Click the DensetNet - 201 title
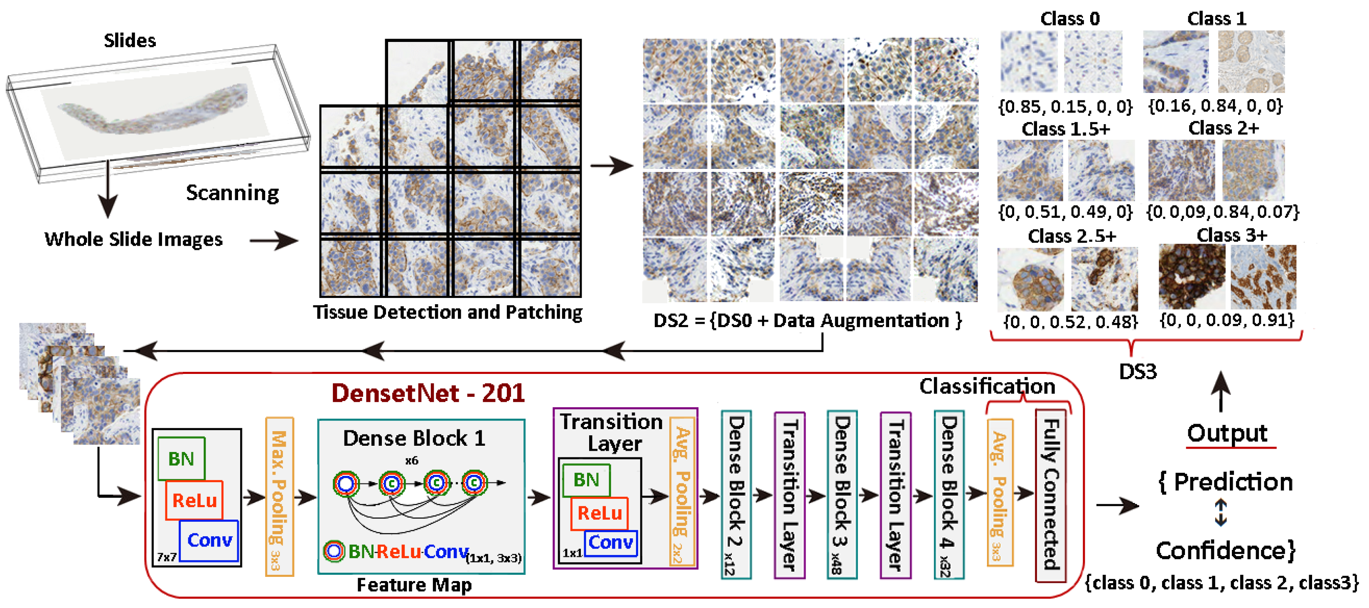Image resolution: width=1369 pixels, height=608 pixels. [428, 393]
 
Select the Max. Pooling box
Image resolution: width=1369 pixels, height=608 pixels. [279, 496]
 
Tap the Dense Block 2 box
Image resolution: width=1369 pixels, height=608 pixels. [736, 494]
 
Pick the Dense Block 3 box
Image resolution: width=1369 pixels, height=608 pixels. [842, 494]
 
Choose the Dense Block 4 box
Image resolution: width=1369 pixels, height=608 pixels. [949, 494]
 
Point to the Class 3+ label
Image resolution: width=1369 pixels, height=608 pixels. [1231, 235]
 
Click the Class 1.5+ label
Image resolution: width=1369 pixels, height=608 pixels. [1066, 129]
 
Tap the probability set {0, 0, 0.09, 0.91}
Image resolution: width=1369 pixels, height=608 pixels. [1226, 320]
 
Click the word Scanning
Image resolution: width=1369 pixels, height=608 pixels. [232, 193]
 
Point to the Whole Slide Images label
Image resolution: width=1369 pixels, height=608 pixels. [133, 239]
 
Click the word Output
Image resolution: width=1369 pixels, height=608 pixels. [1227, 433]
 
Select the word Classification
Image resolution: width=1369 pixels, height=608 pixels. [987, 386]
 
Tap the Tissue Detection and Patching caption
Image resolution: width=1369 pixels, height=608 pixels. [447, 312]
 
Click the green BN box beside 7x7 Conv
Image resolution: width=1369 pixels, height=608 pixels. [181, 459]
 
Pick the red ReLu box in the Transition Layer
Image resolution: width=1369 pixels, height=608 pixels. [599, 513]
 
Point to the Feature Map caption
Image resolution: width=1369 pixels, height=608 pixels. [414, 585]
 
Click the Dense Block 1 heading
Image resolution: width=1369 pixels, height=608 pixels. [414, 439]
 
